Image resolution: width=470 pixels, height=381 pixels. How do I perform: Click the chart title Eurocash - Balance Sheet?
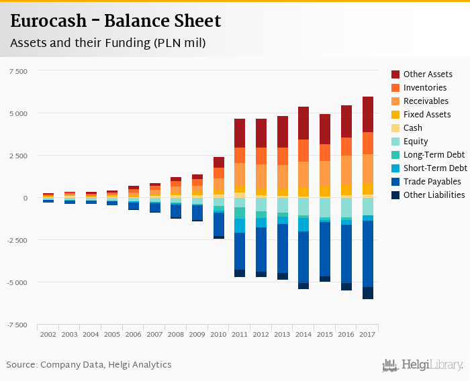[115, 21]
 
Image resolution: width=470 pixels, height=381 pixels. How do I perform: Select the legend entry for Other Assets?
[428, 74]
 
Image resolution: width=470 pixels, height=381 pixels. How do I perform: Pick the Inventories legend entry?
[425, 88]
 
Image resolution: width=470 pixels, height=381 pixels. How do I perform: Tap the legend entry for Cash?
[413, 128]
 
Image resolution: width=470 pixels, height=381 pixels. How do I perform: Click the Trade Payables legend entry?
[432, 182]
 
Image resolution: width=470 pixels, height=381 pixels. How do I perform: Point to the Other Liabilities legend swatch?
[396, 195]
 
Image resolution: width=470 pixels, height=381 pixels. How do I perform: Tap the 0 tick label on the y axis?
[25, 198]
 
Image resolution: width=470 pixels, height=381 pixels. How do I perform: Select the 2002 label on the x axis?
[48, 334]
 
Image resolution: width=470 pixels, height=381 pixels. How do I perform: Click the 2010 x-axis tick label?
[219, 334]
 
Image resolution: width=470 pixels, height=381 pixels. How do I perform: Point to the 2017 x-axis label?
[368, 334]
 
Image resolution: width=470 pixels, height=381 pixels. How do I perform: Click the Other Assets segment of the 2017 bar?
[368, 114]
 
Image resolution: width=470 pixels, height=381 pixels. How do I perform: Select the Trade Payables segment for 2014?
[304, 257]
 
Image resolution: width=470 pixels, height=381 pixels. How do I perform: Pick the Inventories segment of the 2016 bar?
[346, 146]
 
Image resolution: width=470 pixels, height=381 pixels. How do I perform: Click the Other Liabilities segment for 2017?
[368, 293]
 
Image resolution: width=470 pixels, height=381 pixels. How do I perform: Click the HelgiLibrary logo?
[422, 365]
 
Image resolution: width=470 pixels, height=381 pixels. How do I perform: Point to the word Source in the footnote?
[21, 365]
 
